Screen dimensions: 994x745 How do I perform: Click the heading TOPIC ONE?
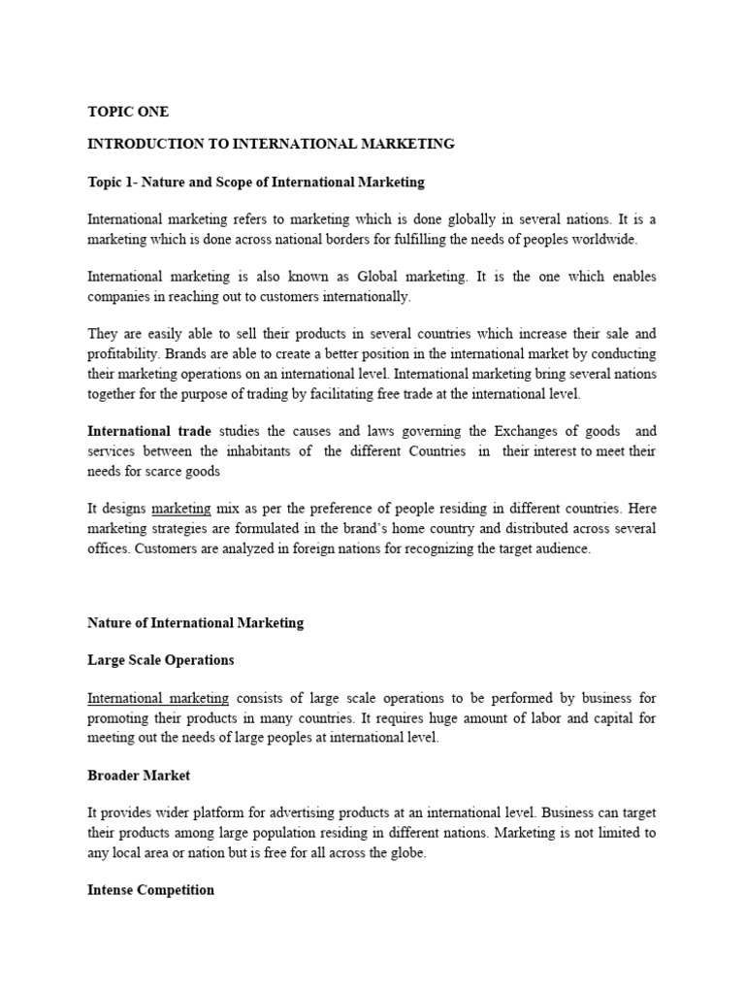[127, 112]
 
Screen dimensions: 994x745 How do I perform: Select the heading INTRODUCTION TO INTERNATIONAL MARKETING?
[271, 144]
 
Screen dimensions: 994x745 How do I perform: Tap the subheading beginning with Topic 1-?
[256, 182]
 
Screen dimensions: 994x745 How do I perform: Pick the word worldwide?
[608, 239]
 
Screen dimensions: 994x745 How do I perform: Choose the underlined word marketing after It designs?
[180, 508]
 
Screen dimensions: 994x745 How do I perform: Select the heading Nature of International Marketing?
[195, 622]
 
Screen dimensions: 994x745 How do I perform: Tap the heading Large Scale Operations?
[160, 660]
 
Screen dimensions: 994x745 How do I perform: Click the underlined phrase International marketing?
[158, 698]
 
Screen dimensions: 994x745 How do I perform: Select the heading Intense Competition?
[150, 889]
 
